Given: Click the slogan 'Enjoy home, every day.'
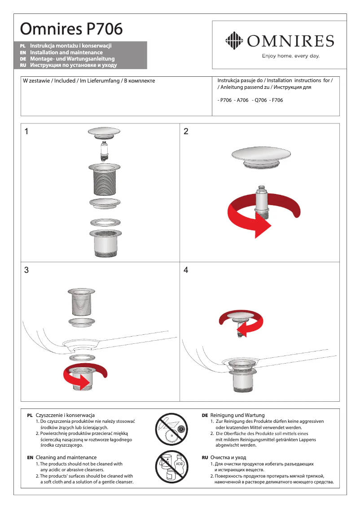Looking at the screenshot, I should pos(290,56).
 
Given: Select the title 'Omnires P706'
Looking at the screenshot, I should pos(71,29).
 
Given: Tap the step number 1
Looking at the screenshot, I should pos(27,132).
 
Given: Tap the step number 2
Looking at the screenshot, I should pos(186,132).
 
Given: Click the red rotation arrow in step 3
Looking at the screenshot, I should pos(85,377).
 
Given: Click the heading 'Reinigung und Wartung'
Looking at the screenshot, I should pos(237,415).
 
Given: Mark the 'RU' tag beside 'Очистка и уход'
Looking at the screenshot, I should pos(205,457).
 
